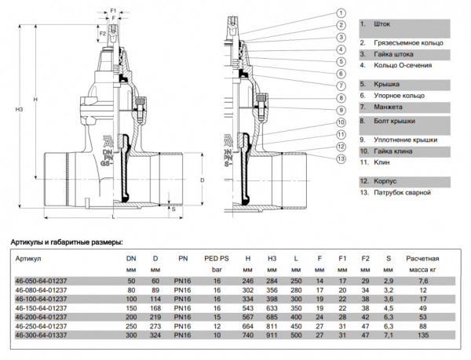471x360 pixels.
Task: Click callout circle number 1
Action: (341, 13)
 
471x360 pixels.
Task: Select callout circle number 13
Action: (341, 159)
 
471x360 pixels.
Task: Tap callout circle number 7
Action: (341, 85)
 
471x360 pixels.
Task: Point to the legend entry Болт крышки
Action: (386, 122)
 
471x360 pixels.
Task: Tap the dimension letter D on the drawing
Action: (203, 180)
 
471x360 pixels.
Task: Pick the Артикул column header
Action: (27, 257)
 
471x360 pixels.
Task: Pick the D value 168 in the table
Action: (155, 307)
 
